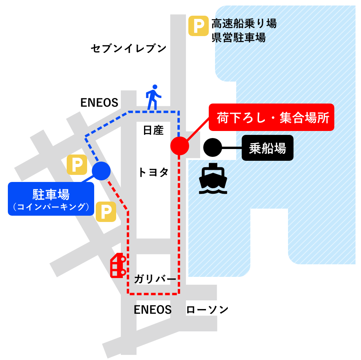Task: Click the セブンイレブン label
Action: click(x=129, y=49)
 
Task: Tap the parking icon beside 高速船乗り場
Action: click(x=198, y=26)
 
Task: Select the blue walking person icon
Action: click(x=153, y=97)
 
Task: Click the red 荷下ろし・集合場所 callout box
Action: click(x=271, y=117)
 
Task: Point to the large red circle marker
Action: click(x=180, y=145)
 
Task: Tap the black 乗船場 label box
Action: click(x=267, y=148)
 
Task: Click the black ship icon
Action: click(x=213, y=179)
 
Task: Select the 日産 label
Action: click(x=153, y=130)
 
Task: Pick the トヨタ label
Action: click(x=153, y=172)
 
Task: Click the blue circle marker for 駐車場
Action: click(x=101, y=171)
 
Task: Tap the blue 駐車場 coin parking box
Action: click(x=51, y=198)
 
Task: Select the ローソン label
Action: click(x=207, y=310)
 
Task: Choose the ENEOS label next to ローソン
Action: click(x=153, y=310)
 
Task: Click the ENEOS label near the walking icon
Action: click(x=99, y=103)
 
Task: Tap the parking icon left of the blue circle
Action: click(x=77, y=165)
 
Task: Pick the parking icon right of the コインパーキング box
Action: click(x=106, y=212)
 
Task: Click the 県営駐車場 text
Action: click(x=239, y=38)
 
